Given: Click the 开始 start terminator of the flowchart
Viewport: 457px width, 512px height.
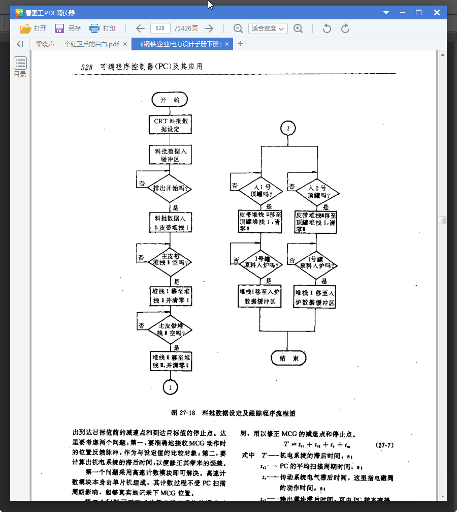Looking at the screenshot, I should pyautogui.click(x=170, y=100).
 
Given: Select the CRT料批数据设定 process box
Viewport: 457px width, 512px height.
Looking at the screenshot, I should pyautogui.click(x=171, y=125).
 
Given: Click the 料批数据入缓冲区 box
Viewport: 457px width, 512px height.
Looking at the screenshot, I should pyautogui.click(x=171, y=155).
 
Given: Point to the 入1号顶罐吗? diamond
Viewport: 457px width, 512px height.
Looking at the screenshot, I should pyautogui.click(x=260, y=191).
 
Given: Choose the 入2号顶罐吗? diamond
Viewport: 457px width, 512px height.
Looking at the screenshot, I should pyautogui.click(x=317, y=191).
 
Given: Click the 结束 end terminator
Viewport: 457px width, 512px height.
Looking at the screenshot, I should pyautogui.click(x=288, y=358).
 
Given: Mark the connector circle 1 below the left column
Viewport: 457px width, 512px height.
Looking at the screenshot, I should pyautogui.click(x=170, y=387).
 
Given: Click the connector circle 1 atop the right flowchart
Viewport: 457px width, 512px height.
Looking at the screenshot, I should pyautogui.click(x=288, y=129).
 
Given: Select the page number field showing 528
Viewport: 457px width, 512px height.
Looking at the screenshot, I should pyautogui.click(x=160, y=28).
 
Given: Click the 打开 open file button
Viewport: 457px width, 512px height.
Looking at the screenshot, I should pyautogui.click(x=34, y=28).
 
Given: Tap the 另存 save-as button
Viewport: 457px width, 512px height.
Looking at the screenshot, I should pyautogui.click(x=68, y=28).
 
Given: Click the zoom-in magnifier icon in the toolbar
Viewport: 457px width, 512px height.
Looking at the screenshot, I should pyautogui.click(x=298, y=28).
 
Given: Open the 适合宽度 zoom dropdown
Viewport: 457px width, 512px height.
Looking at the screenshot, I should pyautogui.click(x=268, y=28).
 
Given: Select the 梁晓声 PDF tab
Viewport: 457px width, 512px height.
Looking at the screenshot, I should pyautogui.click(x=77, y=44).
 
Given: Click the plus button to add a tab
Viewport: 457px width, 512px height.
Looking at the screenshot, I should pyautogui.click(x=240, y=44).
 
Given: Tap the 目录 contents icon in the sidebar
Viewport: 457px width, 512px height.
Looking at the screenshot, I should pyautogui.click(x=20, y=67).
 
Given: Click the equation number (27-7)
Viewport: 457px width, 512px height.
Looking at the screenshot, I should pyautogui.click(x=385, y=445).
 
